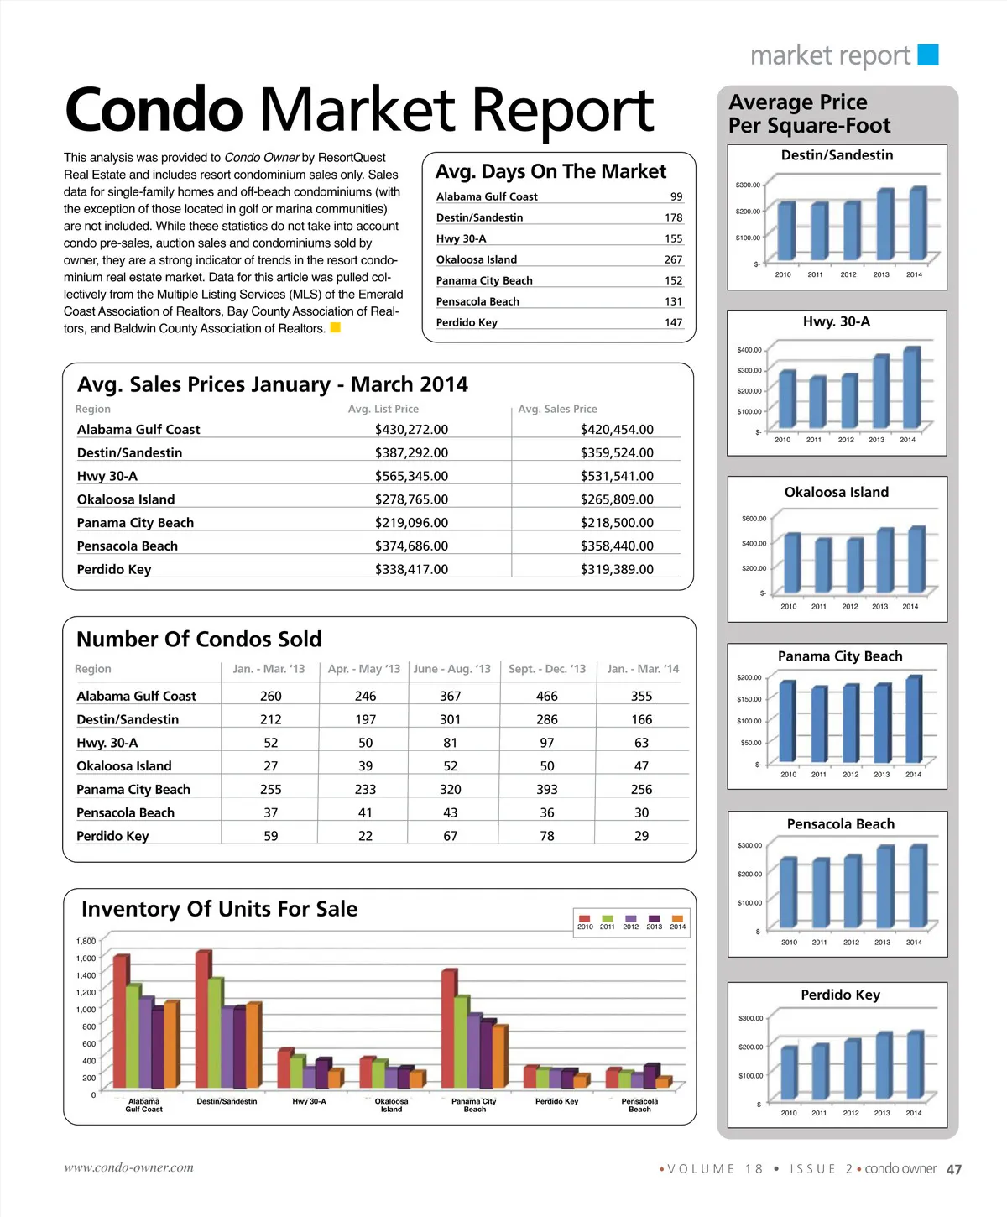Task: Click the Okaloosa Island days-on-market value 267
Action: (x=673, y=259)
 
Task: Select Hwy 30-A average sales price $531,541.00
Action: (x=617, y=476)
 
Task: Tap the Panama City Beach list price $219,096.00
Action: (x=411, y=523)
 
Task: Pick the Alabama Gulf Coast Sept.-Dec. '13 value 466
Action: (x=547, y=696)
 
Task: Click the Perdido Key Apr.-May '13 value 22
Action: (x=365, y=836)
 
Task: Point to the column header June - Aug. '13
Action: (x=451, y=669)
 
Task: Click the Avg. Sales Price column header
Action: (x=557, y=409)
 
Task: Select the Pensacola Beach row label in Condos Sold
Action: (x=125, y=812)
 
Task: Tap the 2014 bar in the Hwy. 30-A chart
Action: (x=911, y=388)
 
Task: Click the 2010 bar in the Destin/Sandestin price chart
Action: (x=785, y=232)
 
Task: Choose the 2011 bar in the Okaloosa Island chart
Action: (x=822, y=565)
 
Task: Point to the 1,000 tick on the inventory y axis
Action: (x=86, y=1010)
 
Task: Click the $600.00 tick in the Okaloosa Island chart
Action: (x=754, y=519)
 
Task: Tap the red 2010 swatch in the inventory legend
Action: (x=585, y=919)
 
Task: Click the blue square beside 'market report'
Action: (x=928, y=55)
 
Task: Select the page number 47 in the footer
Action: (x=954, y=1169)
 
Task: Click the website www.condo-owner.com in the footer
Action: (x=129, y=1167)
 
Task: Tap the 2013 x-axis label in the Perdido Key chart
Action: (x=882, y=1113)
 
